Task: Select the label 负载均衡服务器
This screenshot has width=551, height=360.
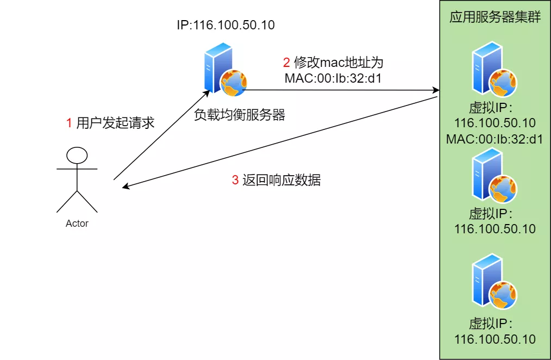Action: pyautogui.click(x=240, y=115)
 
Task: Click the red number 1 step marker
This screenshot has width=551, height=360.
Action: pyautogui.click(x=69, y=123)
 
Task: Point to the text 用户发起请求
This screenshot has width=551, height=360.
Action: pyautogui.click(x=115, y=123)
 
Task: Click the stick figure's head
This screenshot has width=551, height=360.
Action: pyautogui.click(x=77, y=155)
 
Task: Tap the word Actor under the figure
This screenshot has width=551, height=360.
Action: pyautogui.click(x=77, y=223)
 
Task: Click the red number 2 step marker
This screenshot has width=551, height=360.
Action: pyautogui.click(x=286, y=61)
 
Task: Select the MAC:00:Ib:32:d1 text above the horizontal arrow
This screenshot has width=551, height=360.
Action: pyautogui.click(x=333, y=78)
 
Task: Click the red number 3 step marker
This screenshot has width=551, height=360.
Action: pyautogui.click(x=235, y=180)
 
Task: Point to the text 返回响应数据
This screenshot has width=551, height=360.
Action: pyautogui.click(x=281, y=180)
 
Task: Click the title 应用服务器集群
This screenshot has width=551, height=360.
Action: pyautogui.click(x=494, y=17)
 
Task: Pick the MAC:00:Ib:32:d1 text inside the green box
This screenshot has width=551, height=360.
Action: pyautogui.click(x=494, y=139)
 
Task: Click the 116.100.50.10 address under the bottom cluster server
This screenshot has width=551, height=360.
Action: pyautogui.click(x=494, y=339)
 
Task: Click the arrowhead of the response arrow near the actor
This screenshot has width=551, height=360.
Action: pyautogui.click(x=126, y=187)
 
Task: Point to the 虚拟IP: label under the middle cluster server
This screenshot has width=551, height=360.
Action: pyautogui.click(x=491, y=213)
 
